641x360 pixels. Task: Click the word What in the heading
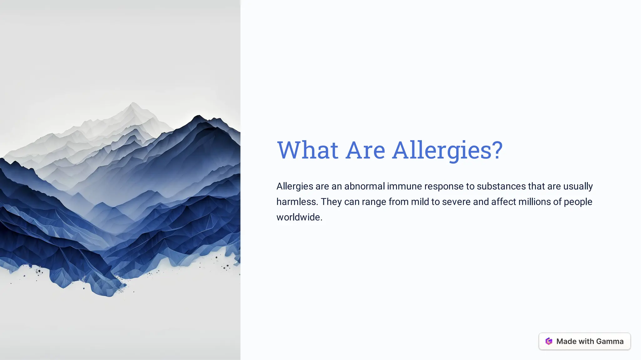(307, 150)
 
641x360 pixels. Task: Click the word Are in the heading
(365, 150)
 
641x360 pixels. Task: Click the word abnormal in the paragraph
(364, 186)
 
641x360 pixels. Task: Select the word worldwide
(299, 217)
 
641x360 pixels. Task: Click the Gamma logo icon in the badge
(549, 341)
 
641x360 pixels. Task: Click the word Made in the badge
(566, 341)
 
